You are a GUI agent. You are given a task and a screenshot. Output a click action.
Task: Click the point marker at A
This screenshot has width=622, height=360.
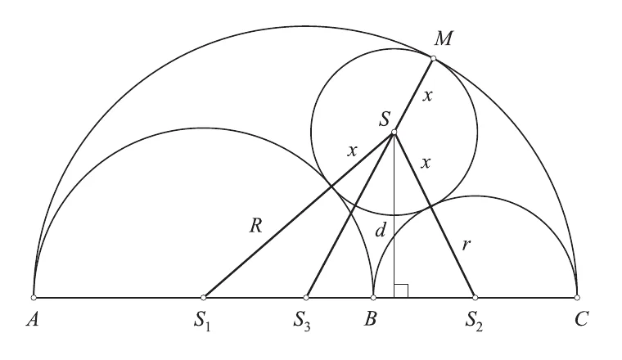[x=34, y=297]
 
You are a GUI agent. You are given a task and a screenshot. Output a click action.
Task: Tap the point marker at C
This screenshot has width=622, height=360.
[x=577, y=297]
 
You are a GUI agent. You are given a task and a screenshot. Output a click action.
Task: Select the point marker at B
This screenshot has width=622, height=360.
[x=373, y=297]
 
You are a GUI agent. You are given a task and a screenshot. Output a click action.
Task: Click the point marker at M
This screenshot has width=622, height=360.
[x=433, y=58]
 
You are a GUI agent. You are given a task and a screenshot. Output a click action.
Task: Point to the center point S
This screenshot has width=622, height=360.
[x=394, y=132]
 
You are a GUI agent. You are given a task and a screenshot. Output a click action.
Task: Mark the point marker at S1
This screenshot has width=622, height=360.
[x=204, y=297]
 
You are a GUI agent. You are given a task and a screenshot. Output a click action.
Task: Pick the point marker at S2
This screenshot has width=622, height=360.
[x=476, y=297]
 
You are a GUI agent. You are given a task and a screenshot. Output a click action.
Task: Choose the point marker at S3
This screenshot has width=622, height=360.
[x=306, y=297]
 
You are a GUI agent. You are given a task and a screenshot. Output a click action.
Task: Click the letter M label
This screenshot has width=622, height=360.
[x=443, y=38]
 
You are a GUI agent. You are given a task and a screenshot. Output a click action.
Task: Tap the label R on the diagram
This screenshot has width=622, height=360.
[x=256, y=226]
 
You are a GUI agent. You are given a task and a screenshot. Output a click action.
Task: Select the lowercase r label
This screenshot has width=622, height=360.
[x=466, y=245]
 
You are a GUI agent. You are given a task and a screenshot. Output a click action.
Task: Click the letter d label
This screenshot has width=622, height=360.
[x=381, y=230]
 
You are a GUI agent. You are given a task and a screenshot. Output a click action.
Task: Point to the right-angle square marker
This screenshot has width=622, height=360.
[x=401, y=290]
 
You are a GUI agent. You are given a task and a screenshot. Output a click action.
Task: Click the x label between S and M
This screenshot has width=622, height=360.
[x=427, y=96]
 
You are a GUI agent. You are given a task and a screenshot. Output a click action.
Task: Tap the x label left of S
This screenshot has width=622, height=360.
[x=352, y=151]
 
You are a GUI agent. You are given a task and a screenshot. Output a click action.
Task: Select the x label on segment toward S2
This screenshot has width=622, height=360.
[x=426, y=163]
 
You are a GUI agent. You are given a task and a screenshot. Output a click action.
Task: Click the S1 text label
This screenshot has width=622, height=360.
[x=202, y=321]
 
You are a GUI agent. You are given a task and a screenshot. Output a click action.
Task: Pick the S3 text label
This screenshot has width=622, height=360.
[x=302, y=321]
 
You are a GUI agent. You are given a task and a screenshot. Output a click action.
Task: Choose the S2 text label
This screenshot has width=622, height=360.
[x=474, y=321]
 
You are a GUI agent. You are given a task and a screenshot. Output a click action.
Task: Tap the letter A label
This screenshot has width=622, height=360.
[x=33, y=319]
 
